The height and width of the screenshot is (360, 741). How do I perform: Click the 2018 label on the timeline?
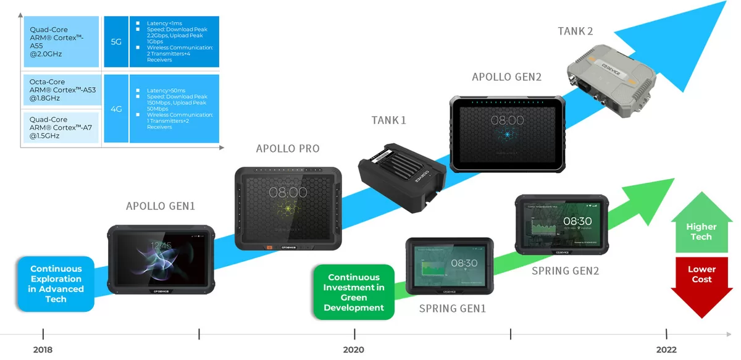[43, 350]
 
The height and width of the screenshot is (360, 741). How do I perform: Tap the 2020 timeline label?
[354, 350]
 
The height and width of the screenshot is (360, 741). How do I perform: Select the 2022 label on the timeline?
[666, 350]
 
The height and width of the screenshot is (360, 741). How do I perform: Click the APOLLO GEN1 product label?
[161, 206]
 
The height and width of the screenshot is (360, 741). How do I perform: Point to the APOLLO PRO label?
[288, 149]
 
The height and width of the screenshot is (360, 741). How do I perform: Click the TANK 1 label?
[389, 120]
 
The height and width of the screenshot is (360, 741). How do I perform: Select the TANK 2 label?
[576, 31]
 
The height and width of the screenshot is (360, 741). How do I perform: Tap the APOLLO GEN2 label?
[506, 77]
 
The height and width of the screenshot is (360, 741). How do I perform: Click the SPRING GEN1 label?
[453, 308]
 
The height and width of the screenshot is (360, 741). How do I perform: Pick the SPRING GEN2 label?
[566, 270]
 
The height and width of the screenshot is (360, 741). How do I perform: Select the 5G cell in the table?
[116, 42]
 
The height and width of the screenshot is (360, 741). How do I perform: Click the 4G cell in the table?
[116, 109]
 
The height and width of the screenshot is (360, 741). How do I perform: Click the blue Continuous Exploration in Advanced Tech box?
[56, 284]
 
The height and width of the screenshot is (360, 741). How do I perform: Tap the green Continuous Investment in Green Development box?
[354, 292]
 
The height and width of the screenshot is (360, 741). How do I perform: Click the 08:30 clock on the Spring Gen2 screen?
[577, 220]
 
